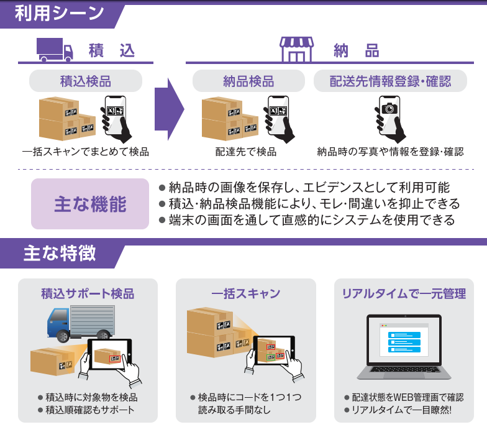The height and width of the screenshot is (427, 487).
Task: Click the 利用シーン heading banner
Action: point(59,14)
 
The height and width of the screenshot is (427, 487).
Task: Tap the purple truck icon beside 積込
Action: point(55,49)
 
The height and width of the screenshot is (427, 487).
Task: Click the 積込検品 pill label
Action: point(86,81)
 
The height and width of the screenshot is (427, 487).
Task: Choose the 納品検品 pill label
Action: point(248,81)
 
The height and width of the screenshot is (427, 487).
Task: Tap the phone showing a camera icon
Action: point(389,116)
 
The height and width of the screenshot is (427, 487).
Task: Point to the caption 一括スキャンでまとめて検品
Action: point(86,151)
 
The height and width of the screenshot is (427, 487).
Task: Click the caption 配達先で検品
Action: point(246,151)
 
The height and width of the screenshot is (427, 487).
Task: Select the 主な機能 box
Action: point(90,204)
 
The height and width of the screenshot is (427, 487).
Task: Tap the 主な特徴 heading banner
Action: point(59,254)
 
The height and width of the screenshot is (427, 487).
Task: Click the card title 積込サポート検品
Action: point(88,293)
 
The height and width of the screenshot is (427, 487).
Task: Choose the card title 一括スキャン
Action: point(246,293)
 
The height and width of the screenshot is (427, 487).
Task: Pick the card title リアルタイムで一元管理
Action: point(404,293)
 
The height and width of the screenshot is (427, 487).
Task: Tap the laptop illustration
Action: point(404,348)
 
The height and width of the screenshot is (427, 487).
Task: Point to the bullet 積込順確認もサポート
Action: point(89,410)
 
